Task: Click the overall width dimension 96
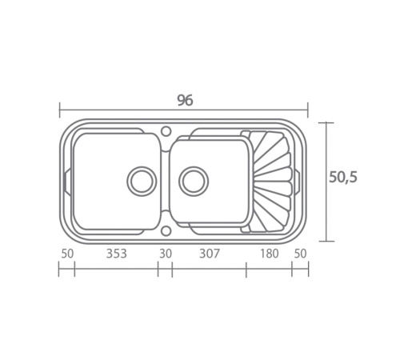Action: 185,100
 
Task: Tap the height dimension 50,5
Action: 342,177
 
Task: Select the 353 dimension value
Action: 117,254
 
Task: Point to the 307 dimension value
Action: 210,254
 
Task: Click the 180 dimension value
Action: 270,254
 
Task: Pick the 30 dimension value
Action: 166,254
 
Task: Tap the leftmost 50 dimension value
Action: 67,254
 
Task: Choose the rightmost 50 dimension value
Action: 300,254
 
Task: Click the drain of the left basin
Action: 142,182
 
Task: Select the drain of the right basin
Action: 194,182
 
